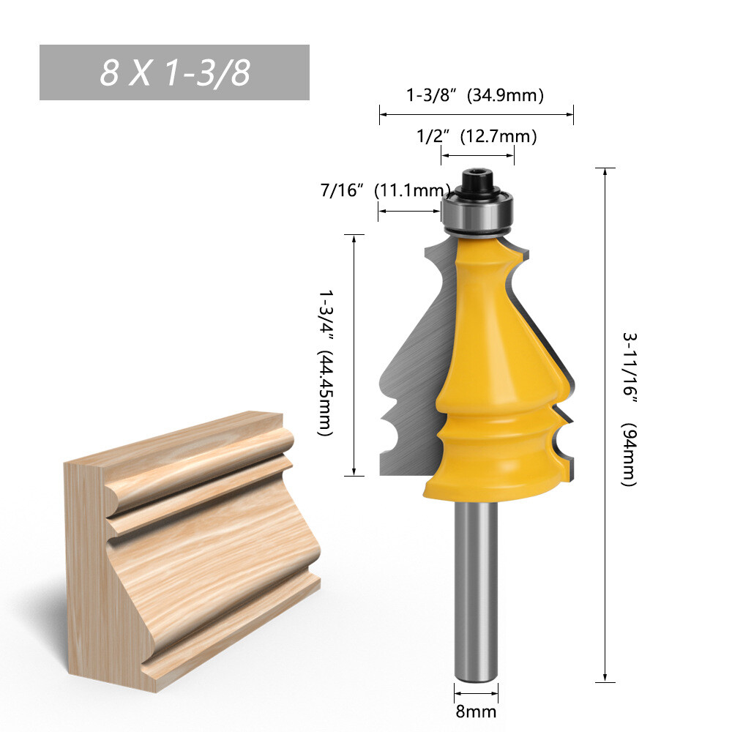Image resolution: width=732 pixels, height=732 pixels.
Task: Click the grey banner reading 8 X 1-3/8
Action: [x=174, y=72]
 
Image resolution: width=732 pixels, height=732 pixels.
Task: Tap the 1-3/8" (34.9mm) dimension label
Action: [x=475, y=95]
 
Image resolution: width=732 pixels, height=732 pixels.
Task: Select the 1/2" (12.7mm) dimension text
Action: [x=477, y=136]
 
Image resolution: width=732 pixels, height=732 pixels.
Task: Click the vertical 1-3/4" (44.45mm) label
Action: [x=324, y=362]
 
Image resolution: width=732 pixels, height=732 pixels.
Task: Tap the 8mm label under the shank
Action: [x=477, y=711]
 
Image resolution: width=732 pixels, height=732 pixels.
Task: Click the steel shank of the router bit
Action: [x=476, y=586]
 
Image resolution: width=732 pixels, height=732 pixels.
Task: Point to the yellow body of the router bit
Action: [x=498, y=366]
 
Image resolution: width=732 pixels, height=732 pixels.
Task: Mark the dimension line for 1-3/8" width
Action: [x=476, y=114]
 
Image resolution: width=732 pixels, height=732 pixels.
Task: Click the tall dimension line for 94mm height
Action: [x=605, y=425]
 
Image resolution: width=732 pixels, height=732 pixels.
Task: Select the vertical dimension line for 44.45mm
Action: [x=354, y=355]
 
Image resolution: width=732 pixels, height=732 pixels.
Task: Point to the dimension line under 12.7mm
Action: [x=477, y=154]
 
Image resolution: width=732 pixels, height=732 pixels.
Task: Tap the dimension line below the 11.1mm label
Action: [x=409, y=212]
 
